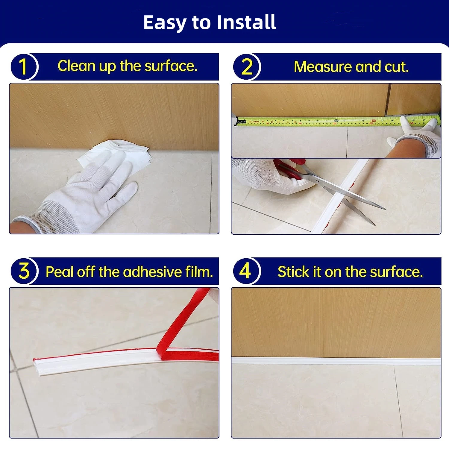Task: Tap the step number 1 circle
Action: (24, 66)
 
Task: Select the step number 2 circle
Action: (247, 67)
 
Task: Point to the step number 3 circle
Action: (24, 271)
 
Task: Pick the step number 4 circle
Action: (246, 271)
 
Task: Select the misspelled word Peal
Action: (59, 272)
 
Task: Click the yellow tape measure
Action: (338, 121)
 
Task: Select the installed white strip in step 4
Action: (336, 361)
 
